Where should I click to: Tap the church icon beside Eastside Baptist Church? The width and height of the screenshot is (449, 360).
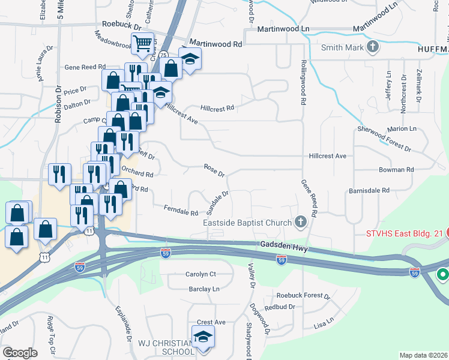click(x=301, y=223)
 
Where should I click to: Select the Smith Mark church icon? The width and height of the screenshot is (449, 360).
click(x=372, y=47)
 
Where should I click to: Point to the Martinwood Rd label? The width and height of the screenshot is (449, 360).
click(x=215, y=44)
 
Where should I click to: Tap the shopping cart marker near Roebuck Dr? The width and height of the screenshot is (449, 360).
click(x=142, y=43)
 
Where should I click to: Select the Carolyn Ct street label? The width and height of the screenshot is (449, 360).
click(x=200, y=274)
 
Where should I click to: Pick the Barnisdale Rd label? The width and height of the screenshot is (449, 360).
click(x=369, y=190)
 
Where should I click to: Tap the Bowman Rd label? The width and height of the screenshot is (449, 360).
click(x=396, y=170)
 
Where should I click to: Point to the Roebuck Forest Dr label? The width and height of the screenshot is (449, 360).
click(x=303, y=296)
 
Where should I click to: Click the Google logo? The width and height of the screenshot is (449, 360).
click(x=20, y=353)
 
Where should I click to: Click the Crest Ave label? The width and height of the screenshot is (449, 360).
click(x=211, y=322)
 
